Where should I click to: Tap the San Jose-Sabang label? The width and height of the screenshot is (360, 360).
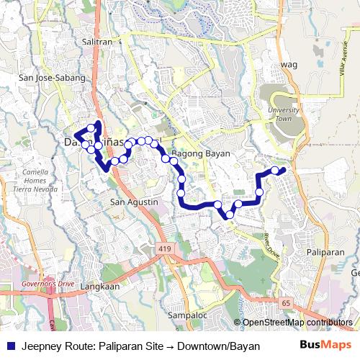click(42, 78)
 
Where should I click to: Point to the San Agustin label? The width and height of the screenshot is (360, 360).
click(133, 203)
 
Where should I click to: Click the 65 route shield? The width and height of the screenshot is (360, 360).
click(287, 304)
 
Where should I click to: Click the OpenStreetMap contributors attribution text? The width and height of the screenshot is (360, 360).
click(297, 323)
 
